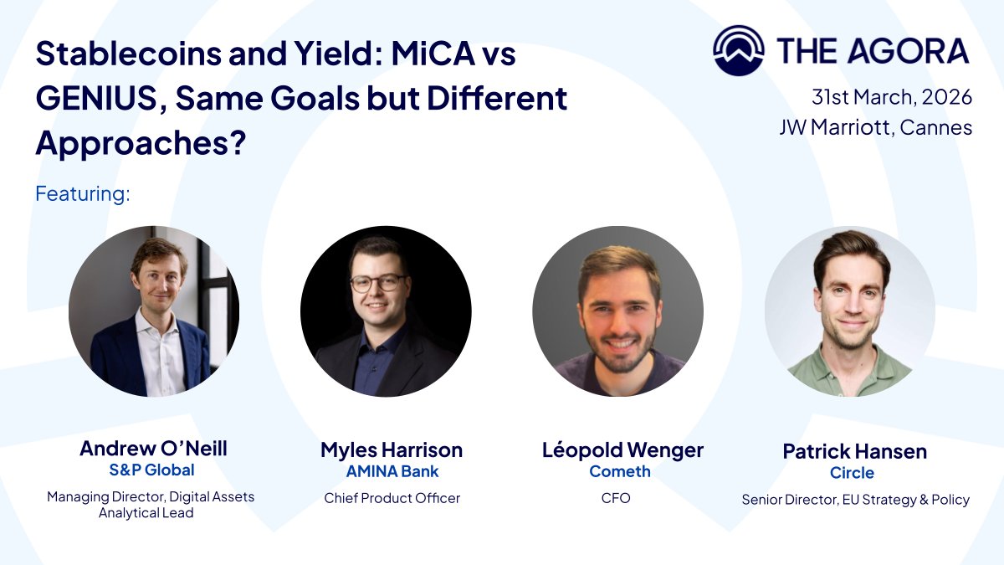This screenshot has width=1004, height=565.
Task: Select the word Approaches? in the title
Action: tap(141, 144)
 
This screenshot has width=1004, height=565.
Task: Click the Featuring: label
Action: tap(83, 194)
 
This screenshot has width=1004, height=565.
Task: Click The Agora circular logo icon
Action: tap(738, 51)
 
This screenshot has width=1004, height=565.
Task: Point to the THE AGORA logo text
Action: tap(873, 52)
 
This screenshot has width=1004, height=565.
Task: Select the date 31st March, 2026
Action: tap(891, 97)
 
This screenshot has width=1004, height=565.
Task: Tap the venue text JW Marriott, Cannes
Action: tap(875, 128)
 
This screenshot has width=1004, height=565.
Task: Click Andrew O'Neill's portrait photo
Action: tap(154, 311)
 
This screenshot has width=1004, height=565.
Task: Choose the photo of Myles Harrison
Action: tap(386, 311)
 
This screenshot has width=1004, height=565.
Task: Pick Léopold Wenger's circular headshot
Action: tap(617, 311)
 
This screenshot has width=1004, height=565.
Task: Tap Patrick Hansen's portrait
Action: tap(850, 311)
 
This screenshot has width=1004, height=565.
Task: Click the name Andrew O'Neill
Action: tap(153, 449)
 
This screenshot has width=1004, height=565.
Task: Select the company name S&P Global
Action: tap(151, 470)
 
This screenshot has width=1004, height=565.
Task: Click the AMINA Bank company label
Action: tap(392, 471)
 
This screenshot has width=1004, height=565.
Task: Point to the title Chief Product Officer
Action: tap(392, 498)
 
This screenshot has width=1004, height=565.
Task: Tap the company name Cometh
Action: tap(620, 471)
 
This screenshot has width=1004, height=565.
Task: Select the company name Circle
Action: tap(852, 473)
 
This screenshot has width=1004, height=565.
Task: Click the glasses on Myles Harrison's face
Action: tap(378, 283)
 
